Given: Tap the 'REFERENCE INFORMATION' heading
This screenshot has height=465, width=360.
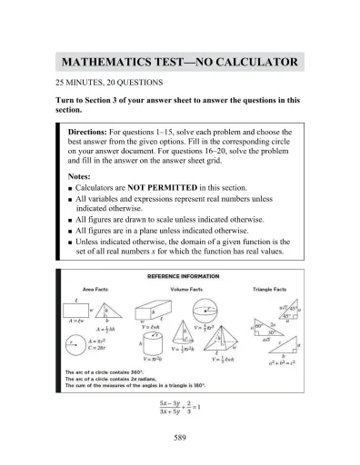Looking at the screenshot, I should (179, 275).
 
